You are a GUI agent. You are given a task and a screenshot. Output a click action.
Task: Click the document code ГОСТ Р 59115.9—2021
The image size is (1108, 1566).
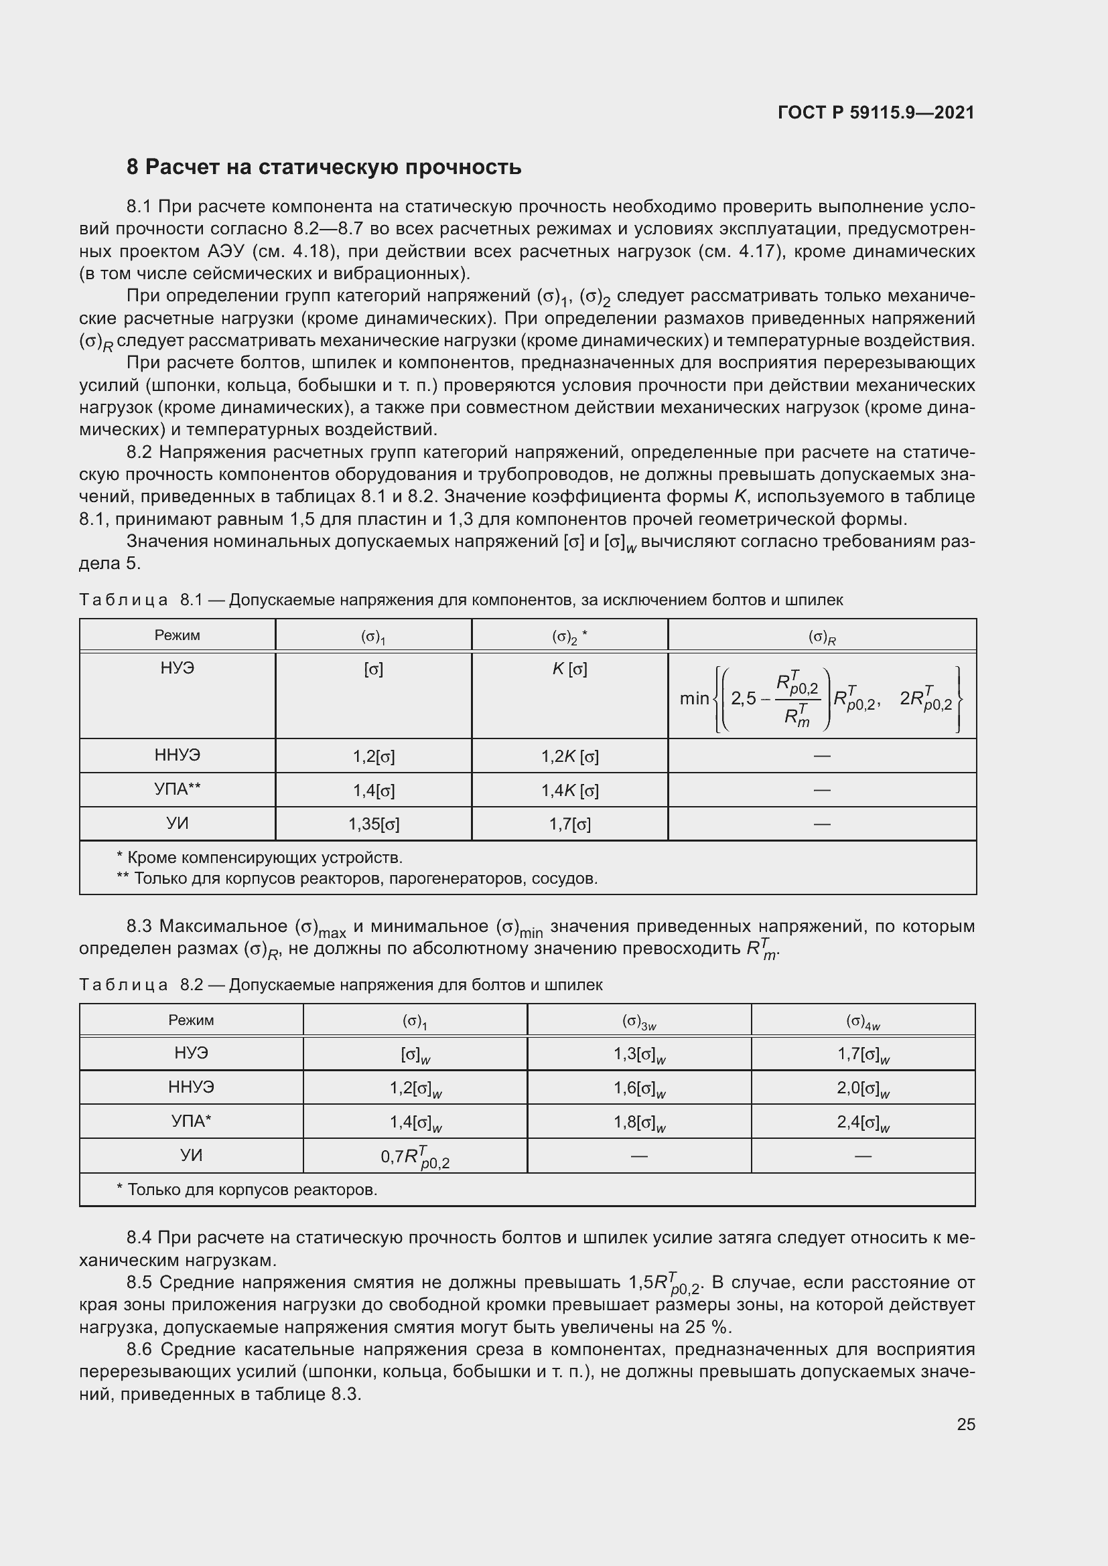[x=876, y=112]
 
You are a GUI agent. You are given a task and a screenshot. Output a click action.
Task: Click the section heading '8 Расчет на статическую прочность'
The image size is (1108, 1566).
[x=324, y=167]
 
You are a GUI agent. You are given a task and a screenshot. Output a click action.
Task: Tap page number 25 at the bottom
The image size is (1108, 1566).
[x=965, y=1424]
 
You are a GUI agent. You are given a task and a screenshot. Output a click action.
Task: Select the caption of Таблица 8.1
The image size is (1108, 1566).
[x=460, y=600]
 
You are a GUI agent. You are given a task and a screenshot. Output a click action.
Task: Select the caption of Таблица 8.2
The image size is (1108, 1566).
[x=340, y=985]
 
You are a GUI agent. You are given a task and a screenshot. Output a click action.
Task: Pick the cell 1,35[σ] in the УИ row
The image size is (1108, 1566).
[x=373, y=825]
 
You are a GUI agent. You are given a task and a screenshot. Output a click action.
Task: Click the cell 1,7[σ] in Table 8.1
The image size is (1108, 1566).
[x=569, y=825]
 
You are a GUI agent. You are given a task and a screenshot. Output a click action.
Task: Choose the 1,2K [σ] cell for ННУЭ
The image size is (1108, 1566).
[x=569, y=757]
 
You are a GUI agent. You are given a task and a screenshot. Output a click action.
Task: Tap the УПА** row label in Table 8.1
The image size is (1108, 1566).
[x=177, y=789]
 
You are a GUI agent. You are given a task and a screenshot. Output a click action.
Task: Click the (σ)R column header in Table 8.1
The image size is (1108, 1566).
[x=821, y=636]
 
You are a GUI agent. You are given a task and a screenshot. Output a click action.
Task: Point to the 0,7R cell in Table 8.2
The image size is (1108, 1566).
[x=415, y=1156]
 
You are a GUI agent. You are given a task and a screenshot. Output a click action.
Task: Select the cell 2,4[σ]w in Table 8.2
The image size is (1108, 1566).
[x=862, y=1122]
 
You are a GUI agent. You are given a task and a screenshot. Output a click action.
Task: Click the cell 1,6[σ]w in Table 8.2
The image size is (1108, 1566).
[x=638, y=1088]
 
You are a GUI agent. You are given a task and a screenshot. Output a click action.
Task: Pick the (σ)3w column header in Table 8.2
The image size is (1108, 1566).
[x=638, y=1021]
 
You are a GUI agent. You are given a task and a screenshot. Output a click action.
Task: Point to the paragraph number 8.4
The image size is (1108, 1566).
[x=140, y=1237]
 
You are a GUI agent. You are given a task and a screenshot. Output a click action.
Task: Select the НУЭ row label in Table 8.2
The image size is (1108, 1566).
[x=191, y=1054]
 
